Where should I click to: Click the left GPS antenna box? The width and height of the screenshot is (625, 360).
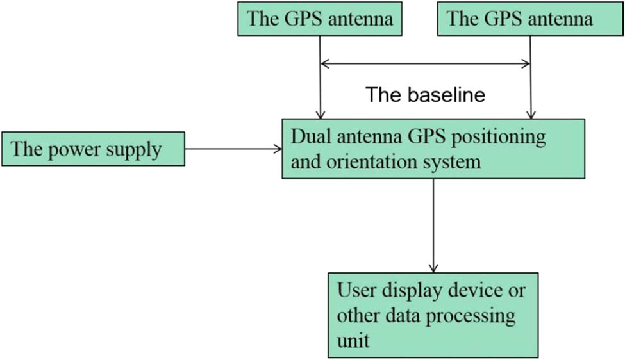click(320, 18)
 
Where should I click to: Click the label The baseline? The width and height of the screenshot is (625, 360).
click(425, 95)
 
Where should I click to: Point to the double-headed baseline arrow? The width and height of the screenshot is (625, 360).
click(425, 63)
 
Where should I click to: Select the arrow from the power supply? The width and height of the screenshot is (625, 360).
click(233, 149)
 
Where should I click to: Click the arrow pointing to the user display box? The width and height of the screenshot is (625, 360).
click(433, 224)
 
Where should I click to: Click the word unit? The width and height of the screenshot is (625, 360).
click(353, 340)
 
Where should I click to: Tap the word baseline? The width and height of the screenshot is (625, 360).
click(447, 95)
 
